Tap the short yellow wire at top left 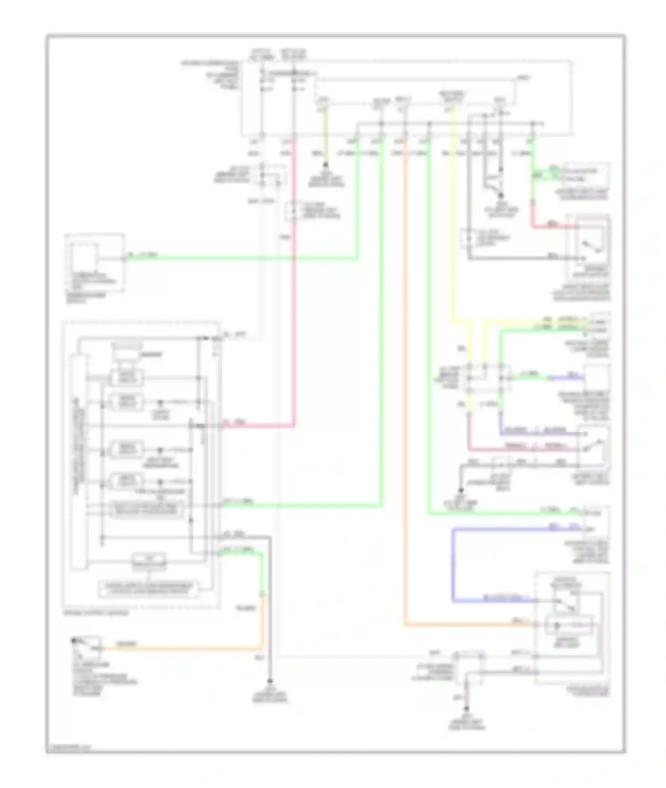tap(326, 133)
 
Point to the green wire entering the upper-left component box tap(240, 257)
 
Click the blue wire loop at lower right tap(452, 564)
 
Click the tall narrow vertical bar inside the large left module tap(79, 462)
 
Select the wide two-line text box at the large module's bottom tap(148, 589)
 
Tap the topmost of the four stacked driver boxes tap(127, 378)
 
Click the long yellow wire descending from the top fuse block tap(452, 213)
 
